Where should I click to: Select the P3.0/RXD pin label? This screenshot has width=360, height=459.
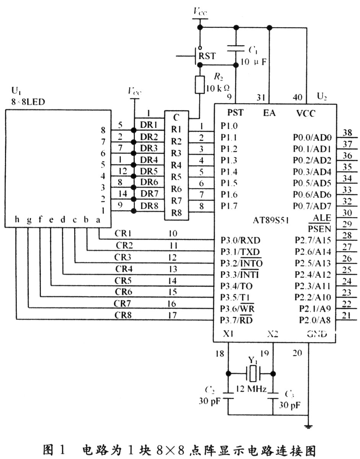tap(240, 240)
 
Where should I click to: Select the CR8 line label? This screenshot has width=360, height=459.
tap(123, 315)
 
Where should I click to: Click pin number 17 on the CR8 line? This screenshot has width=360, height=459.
tap(173, 315)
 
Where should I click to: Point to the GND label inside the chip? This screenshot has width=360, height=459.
tap(317, 334)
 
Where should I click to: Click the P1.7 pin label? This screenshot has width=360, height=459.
tap(229, 206)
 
